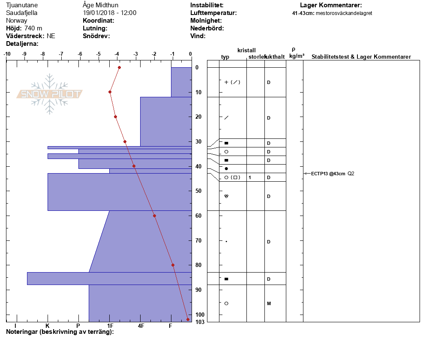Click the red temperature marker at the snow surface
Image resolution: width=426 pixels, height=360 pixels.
[x=119, y=67]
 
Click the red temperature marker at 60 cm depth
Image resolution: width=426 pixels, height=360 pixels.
[x=155, y=216]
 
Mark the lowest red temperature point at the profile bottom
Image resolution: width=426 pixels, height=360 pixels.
[x=188, y=319]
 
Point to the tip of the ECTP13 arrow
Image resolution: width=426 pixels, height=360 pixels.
[x=304, y=173]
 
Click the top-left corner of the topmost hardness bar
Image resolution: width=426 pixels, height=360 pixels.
[x=171, y=67]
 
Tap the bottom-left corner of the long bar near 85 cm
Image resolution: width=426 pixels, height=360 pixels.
[x=27, y=285]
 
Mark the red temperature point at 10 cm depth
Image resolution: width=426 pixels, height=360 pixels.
[x=110, y=92]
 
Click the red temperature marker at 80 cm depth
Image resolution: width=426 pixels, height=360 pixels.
[x=173, y=265]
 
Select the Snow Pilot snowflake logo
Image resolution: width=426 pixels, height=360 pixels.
[x=49, y=94]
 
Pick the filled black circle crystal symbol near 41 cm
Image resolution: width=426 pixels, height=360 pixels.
[x=226, y=169]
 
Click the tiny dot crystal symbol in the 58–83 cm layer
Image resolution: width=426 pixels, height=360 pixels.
[x=226, y=241]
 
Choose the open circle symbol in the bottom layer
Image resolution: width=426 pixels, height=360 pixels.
[x=226, y=303]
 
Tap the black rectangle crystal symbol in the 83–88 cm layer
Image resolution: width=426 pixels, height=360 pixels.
[x=226, y=279]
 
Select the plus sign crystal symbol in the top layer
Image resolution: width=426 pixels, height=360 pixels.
[x=226, y=82]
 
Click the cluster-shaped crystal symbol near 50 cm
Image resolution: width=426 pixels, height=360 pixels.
[x=226, y=196]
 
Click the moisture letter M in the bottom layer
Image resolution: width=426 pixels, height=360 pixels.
[x=269, y=303]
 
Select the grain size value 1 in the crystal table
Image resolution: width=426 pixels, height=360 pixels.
[x=250, y=177]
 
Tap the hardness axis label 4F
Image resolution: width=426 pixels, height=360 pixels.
[x=141, y=326]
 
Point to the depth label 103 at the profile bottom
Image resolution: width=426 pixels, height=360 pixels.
[x=200, y=322]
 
